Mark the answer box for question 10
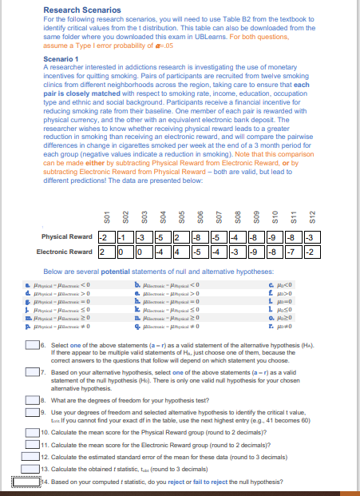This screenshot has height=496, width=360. (25, 431)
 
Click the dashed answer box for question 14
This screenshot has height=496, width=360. (23, 482)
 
